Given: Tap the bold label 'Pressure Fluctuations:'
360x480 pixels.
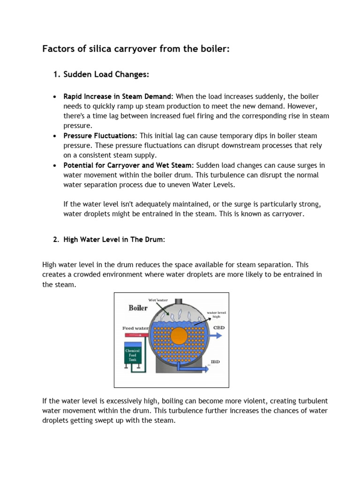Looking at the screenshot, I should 100,135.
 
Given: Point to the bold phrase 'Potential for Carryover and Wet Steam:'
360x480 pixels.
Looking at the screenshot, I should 128,165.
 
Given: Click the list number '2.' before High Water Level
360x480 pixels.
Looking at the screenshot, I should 56,240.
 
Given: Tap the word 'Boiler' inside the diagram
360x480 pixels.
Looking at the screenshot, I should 138,308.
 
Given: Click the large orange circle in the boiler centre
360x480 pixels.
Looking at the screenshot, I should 178,336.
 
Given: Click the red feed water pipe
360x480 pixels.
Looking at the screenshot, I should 136,335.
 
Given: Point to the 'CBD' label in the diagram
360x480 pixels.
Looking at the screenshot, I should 219,328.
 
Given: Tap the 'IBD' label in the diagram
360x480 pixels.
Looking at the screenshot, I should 215,362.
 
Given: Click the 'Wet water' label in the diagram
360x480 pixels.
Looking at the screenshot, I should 158,300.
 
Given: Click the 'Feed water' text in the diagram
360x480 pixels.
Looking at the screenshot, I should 135,328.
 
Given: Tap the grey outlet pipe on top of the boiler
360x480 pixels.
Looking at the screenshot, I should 178,297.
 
